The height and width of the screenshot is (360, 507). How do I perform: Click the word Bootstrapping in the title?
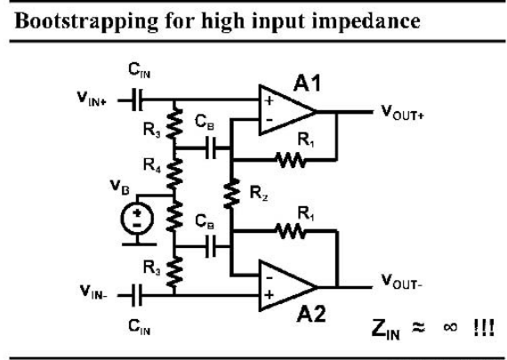tap(86, 21)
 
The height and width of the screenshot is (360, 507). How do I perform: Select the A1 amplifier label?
tap(307, 84)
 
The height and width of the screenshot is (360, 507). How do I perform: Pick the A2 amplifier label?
tap(311, 314)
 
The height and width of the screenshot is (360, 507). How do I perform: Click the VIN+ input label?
tap(92, 98)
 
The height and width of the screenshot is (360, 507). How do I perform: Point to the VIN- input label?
tap(93, 292)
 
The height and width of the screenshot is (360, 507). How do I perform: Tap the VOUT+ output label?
tap(402, 113)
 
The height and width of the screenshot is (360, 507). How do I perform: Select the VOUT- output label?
tap(401, 281)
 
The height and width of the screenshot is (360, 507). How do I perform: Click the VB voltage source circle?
tap(137, 219)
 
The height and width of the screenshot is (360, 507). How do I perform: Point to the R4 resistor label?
tap(151, 165)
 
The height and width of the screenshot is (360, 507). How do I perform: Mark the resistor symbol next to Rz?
tap(231, 193)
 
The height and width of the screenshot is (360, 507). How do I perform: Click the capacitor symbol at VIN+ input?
tap(137, 100)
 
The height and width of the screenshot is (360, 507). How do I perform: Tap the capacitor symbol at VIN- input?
tap(137, 295)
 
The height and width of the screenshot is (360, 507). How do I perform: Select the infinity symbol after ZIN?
tap(450, 327)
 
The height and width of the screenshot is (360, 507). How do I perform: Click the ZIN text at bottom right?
tap(386, 329)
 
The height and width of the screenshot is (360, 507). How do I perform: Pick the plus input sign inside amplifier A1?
tap(269, 100)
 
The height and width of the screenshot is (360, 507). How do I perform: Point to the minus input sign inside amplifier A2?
tap(269, 277)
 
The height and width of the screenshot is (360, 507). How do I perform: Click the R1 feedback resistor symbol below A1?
tap(290, 160)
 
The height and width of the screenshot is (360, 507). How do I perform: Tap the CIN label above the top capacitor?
tap(140, 70)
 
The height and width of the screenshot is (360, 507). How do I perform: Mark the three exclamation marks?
tap(484, 327)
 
